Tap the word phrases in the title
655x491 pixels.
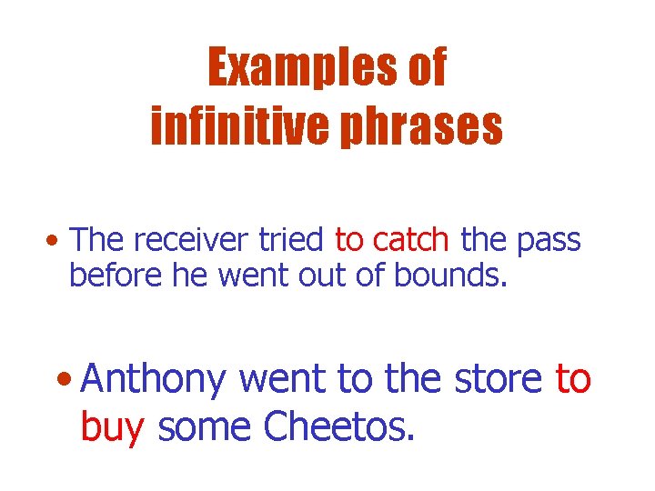[x=428, y=127]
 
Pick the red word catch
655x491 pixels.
[x=411, y=240]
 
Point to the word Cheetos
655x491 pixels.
[x=339, y=426]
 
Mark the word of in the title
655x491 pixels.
[x=427, y=68]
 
